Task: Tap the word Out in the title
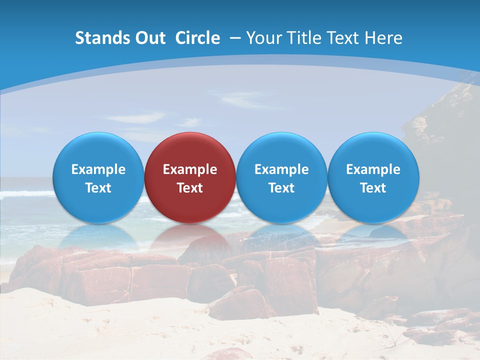[149, 38]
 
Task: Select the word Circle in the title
[197, 38]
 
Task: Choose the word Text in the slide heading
[344, 38]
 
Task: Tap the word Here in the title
[383, 38]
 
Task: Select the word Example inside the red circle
[190, 169]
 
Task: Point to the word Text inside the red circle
[190, 188]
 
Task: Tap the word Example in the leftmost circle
[98, 169]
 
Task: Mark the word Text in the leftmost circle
[98, 188]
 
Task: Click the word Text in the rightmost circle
[373, 188]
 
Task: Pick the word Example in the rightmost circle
[373, 169]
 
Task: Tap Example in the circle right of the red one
[281, 169]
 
